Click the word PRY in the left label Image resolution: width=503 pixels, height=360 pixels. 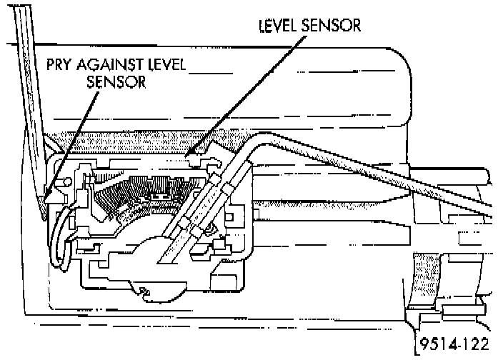tap(60, 66)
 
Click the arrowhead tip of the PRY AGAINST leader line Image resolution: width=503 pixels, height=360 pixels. tap(46, 197)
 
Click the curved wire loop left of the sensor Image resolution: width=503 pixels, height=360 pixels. tap(57, 236)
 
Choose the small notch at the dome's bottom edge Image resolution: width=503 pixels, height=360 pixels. tap(146, 291)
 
